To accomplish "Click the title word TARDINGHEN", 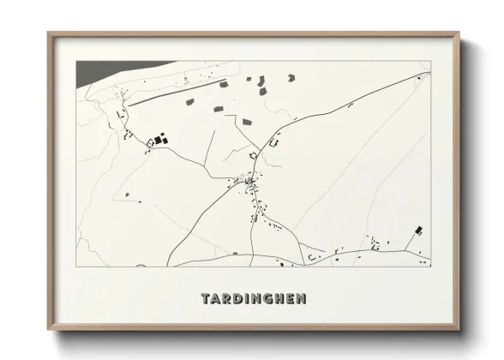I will pyautogui.click(x=252, y=299).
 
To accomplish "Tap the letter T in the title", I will pyautogui.click(x=206, y=299).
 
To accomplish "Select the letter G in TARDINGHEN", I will pyautogui.click(x=264, y=299).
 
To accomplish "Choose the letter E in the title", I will pyautogui.click(x=287, y=299).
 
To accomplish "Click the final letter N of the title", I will pyautogui.click(x=298, y=299).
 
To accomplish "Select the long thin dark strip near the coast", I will pyautogui.click(x=177, y=93).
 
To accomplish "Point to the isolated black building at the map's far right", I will pyautogui.click(x=419, y=230).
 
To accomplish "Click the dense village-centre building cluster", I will pyautogui.click(x=249, y=182).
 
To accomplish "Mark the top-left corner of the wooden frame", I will pyautogui.click(x=50, y=35).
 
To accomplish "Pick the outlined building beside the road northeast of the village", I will pyautogui.click(x=274, y=143).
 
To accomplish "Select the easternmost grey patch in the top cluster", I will pyautogui.click(x=291, y=78).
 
